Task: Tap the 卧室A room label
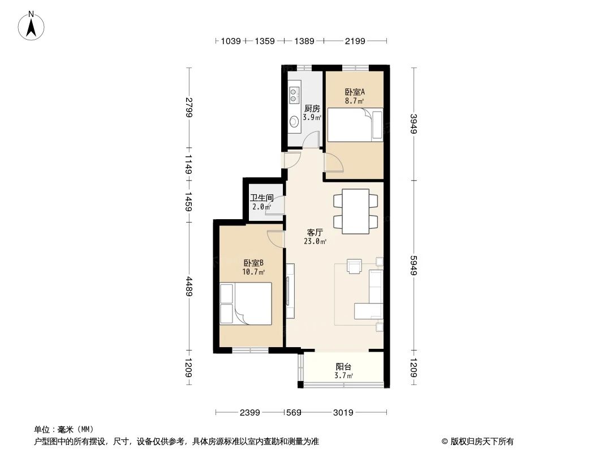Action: (x=354, y=92)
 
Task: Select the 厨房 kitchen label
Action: (x=312, y=108)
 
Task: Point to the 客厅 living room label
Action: (x=315, y=232)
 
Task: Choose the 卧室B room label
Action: (x=254, y=263)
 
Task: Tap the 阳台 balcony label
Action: (x=343, y=367)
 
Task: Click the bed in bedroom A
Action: (x=356, y=125)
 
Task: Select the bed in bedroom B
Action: (x=245, y=304)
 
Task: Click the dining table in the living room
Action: (x=356, y=211)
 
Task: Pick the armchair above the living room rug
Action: (x=355, y=266)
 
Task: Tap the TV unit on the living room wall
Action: (x=290, y=290)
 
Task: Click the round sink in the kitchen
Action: (x=294, y=121)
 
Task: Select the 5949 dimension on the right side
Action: (x=415, y=264)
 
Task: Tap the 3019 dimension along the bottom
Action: (x=342, y=413)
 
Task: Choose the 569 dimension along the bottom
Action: (x=293, y=413)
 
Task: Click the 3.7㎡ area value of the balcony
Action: (x=343, y=376)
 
